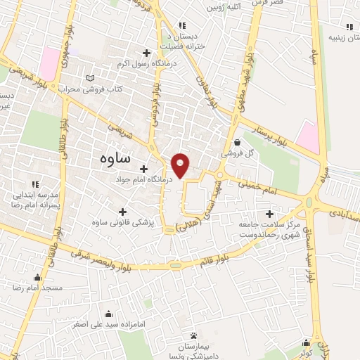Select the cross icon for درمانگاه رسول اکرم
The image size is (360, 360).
(x=146, y=53)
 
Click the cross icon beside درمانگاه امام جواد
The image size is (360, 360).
(x=143, y=169)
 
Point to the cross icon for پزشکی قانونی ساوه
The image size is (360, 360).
(x=123, y=211)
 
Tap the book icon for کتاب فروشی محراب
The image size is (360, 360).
(x=89, y=78)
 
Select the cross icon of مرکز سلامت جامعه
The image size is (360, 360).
(x=269, y=214)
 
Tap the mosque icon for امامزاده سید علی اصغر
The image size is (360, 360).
(x=108, y=314)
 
